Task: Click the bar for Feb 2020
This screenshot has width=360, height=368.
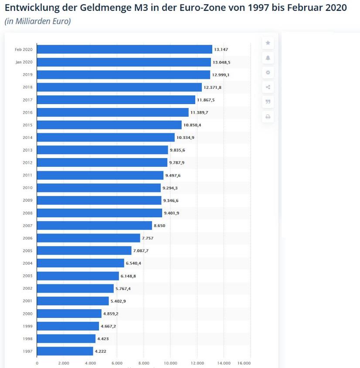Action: click(124, 49)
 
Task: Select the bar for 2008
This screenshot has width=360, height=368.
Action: click(99, 213)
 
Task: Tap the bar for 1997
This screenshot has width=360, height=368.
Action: click(65, 351)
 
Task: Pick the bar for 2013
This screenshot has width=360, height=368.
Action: click(102, 150)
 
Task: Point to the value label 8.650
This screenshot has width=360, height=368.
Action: click(160, 226)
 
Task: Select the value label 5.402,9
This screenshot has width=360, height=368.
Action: click(118, 301)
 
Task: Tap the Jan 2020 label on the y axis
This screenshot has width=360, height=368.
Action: click(24, 62)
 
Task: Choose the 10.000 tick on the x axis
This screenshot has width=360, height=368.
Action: click(170, 363)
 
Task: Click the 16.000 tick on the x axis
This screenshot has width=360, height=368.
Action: click(244, 363)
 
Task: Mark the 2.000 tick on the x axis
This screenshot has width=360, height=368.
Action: click(64, 363)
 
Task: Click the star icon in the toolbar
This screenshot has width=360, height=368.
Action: click(268, 43)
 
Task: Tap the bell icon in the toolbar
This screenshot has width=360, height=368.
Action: click(268, 57)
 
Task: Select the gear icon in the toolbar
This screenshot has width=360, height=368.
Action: click(268, 72)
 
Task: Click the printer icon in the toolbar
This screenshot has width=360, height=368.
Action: click(268, 117)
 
